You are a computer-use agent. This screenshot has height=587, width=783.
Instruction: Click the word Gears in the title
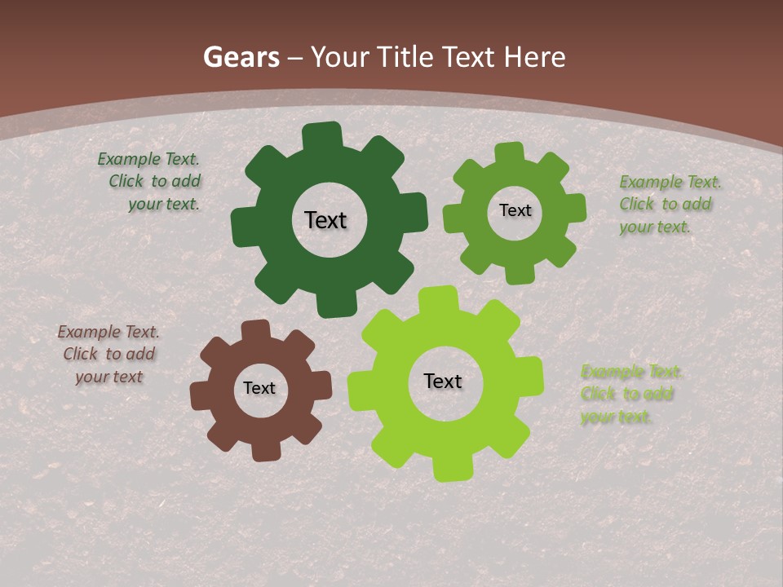tap(241, 58)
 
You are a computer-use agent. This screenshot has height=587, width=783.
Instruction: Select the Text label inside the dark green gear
tap(325, 220)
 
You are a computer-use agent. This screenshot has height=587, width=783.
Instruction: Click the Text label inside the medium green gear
tap(515, 210)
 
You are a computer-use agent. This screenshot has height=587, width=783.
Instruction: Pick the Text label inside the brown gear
tap(259, 388)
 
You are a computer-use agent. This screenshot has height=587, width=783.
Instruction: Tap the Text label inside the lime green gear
tap(443, 381)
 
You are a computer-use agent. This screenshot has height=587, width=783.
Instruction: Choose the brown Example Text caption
tap(108, 354)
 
